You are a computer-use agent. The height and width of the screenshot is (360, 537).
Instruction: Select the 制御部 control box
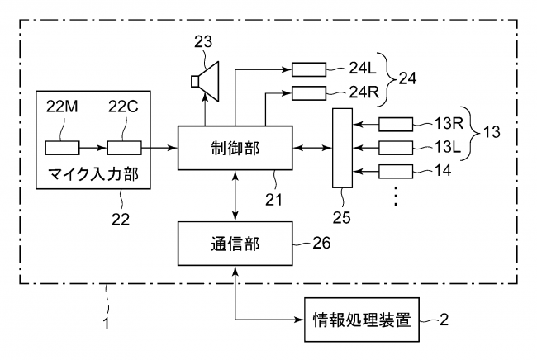click(235, 147)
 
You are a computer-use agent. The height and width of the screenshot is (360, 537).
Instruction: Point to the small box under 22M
click(62, 148)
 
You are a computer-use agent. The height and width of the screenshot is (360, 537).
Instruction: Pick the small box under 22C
click(122, 148)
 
